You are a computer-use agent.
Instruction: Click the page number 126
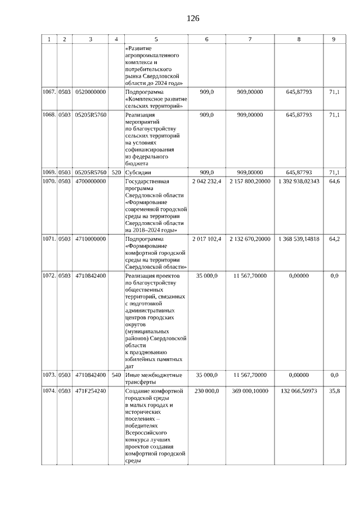pyautogui.click(x=193, y=19)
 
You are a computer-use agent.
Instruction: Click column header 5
pyautogui.click(x=156, y=39)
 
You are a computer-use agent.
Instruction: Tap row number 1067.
pyautogui.click(x=49, y=91)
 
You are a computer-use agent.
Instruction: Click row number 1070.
pyautogui.click(x=49, y=181)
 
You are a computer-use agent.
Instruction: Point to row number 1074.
pyautogui.click(x=49, y=391)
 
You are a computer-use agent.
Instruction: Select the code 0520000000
pyautogui.click(x=91, y=91)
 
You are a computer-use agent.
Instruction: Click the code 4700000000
pyautogui.click(x=91, y=181)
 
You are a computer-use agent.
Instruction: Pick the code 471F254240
pyautogui.click(x=91, y=391)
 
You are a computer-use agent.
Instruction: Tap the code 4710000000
pyautogui.click(x=91, y=239)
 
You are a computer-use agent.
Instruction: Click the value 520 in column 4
pyautogui.click(x=116, y=172)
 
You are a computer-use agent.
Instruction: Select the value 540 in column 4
pyautogui.click(x=116, y=375)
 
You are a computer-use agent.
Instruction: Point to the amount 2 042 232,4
pyautogui.click(x=206, y=181)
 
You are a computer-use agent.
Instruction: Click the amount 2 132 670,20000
pyautogui.click(x=250, y=239)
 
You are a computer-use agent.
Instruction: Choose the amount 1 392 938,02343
pyautogui.click(x=299, y=181)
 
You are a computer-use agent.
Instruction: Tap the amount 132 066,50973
pyautogui.click(x=299, y=391)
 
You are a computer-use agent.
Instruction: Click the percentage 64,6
pyautogui.click(x=334, y=181)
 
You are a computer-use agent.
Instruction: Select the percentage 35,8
pyautogui.click(x=334, y=391)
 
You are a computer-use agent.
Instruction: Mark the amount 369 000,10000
pyautogui.click(x=250, y=391)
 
